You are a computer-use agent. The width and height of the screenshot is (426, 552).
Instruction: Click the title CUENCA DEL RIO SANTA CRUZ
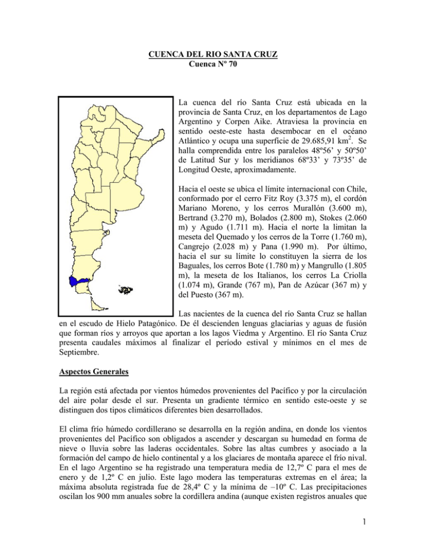coord(212,56)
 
